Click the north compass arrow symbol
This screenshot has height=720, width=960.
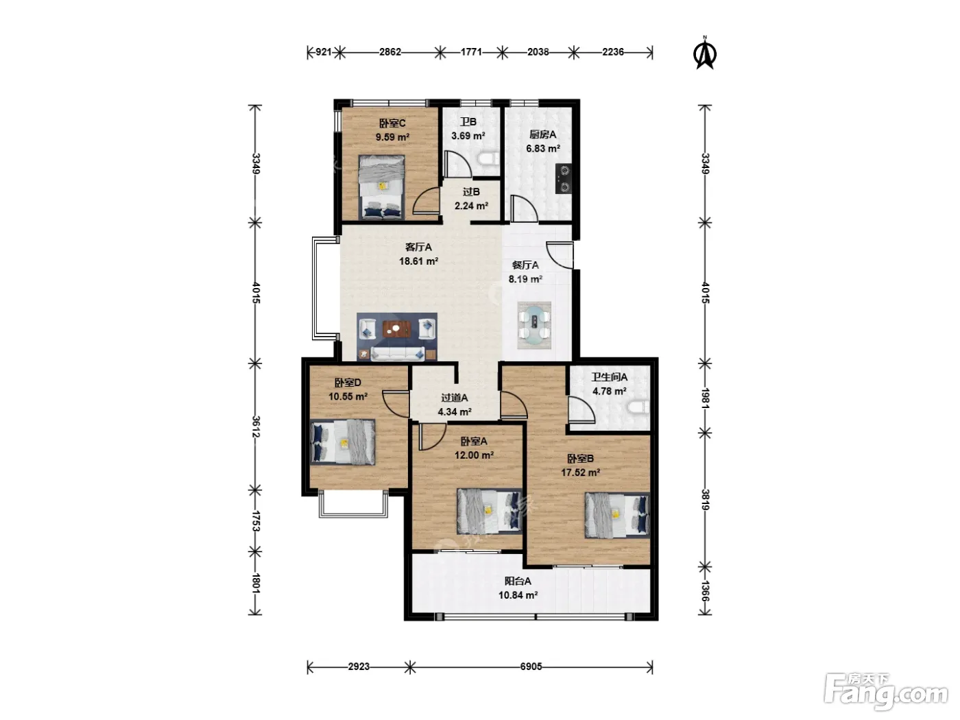(x=705, y=53)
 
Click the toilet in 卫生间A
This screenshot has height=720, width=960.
(x=639, y=407)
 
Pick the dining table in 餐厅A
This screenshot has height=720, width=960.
(x=534, y=325)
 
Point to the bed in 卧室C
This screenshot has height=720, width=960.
(x=381, y=187)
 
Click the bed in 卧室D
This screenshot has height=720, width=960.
(x=342, y=442)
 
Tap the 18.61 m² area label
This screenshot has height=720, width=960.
(x=418, y=261)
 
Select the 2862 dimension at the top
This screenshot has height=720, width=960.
(x=390, y=52)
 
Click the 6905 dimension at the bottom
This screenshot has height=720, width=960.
(x=531, y=667)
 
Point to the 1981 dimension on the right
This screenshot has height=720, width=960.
(x=705, y=398)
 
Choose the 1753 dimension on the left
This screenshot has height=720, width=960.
(x=256, y=521)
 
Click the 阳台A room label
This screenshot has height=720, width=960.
(x=518, y=581)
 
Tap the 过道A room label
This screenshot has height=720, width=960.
(x=455, y=398)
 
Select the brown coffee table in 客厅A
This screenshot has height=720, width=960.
(x=396, y=328)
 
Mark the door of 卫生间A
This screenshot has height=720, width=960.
(x=581, y=409)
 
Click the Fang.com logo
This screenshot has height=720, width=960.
(x=885, y=692)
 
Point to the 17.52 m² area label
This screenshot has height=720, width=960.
(x=580, y=472)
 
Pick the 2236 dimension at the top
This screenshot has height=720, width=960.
(x=613, y=52)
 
